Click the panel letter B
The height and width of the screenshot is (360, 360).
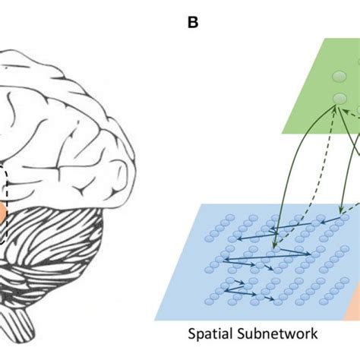[x=193, y=23]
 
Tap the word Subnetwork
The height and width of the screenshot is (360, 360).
[x=277, y=333]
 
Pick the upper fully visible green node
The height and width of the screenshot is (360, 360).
[x=339, y=76]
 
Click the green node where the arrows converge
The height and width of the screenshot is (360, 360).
[x=339, y=98]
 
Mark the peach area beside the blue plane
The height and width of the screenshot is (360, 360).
[x=353, y=304]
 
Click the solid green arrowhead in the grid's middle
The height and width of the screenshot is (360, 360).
[x=274, y=246]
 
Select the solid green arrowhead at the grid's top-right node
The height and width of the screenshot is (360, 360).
[x=341, y=211]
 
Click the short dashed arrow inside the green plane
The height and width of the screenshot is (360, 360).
[x=352, y=112]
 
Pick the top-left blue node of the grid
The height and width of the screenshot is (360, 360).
[x=230, y=218]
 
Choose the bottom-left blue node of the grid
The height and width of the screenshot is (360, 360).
[x=209, y=302]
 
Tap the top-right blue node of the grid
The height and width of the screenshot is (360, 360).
[x=345, y=218]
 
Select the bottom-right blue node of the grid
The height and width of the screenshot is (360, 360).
[x=324, y=302]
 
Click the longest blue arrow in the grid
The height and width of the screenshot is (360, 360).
[x=267, y=256]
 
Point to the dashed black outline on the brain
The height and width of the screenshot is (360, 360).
[x=5, y=203]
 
